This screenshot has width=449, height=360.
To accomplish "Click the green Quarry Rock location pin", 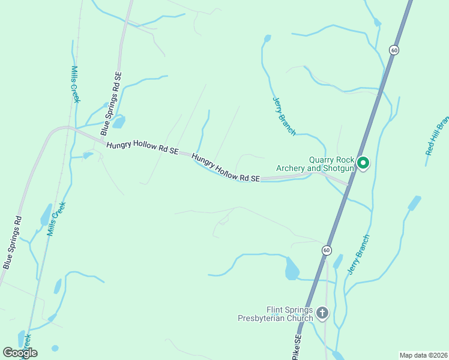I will click(x=363, y=162).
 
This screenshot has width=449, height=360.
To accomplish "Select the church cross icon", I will click(x=322, y=313).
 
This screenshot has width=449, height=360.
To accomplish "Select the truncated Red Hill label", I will click(x=437, y=136).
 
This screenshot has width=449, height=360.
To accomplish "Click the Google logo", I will click(x=20, y=353).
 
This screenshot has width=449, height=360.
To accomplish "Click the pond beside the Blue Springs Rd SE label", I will click(x=119, y=122).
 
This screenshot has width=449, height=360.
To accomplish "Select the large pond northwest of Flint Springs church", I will click(x=292, y=269).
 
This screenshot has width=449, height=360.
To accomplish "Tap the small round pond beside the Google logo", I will click(x=55, y=348).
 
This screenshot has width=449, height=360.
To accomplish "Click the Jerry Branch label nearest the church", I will click(x=358, y=255).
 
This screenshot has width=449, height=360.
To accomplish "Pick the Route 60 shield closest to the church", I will click(x=326, y=250).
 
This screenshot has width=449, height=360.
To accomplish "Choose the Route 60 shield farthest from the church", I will click(x=393, y=50).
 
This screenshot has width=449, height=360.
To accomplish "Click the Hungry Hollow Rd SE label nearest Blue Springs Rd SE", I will click(x=142, y=148).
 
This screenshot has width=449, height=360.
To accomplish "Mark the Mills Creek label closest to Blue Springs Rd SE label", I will click(x=76, y=84).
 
